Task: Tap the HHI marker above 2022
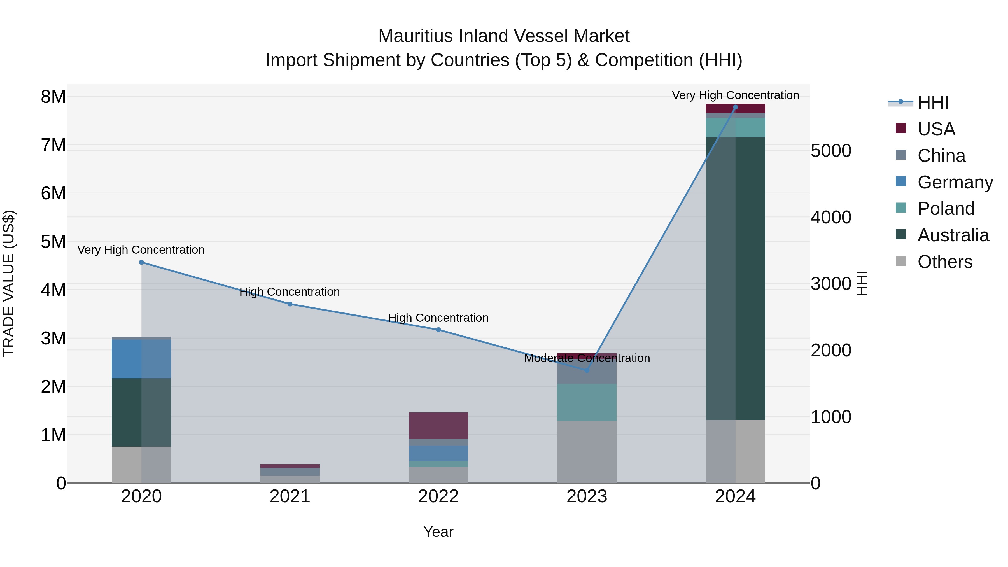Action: click(438, 330)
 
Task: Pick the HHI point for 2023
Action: click(587, 370)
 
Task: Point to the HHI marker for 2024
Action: click(735, 107)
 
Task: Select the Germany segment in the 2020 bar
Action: click(142, 359)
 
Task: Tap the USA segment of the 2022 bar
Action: click(438, 426)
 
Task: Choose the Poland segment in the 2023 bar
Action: click(587, 402)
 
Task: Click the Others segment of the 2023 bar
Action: click(587, 452)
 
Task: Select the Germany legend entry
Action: click(955, 182)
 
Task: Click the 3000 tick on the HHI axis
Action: click(831, 284)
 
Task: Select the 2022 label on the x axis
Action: click(438, 496)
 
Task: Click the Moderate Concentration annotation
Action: click(587, 358)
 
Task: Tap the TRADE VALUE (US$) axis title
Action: click(9, 283)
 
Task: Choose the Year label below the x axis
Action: click(438, 532)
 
